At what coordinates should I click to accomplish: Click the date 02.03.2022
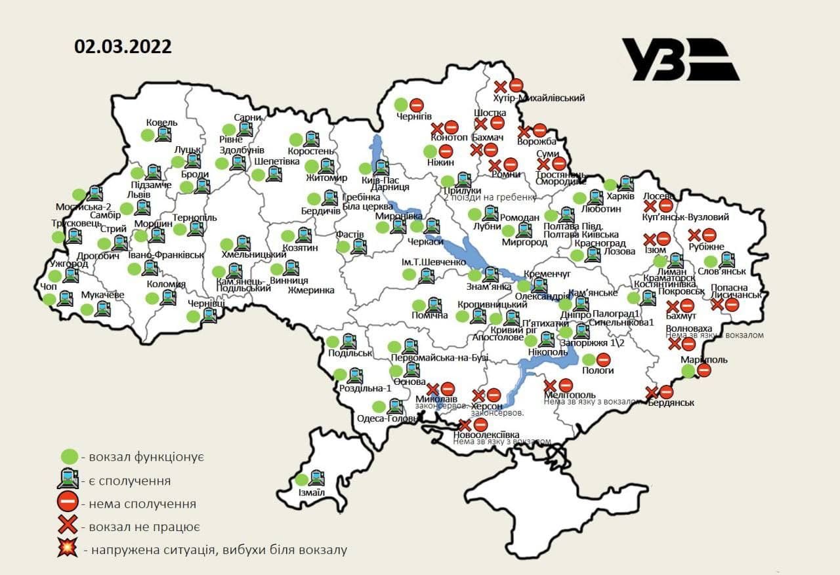pyautogui.click(x=123, y=47)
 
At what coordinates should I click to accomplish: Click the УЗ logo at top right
pyautogui.click(x=680, y=60)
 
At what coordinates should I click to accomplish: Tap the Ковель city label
pyautogui.click(x=162, y=123)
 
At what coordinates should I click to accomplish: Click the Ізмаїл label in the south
pyautogui.click(x=311, y=492)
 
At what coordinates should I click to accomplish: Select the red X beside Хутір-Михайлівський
pyautogui.click(x=500, y=85)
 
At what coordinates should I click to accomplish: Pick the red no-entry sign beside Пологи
pyautogui.click(x=604, y=359)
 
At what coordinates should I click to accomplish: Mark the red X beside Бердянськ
pyautogui.click(x=652, y=392)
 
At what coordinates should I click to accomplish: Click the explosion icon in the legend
pyautogui.click(x=66, y=549)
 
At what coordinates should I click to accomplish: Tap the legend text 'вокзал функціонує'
pyautogui.click(x=142, y=456)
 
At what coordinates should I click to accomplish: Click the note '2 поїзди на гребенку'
pyautogui.click(x=486, y=197)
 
